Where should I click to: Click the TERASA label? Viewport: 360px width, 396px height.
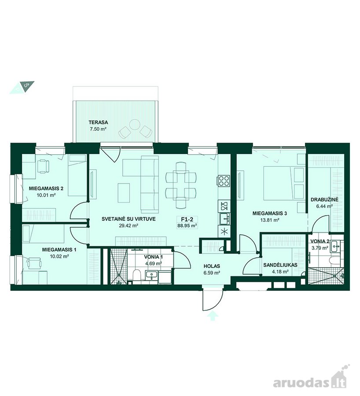tap(98, 122)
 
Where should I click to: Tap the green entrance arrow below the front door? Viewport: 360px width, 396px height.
tap(213, 315)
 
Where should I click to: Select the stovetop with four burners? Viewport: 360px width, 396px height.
tap(224, 181)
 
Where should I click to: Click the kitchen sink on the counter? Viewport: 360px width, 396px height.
tap(224, 219)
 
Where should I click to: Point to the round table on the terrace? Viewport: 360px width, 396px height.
tap(134, 124)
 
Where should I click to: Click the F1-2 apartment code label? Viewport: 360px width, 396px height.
tap(187, 220)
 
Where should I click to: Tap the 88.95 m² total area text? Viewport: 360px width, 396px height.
tap(187, 226)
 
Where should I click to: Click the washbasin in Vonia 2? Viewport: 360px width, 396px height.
tap(335, 246)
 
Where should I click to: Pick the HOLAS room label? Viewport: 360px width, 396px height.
tap(212, 266)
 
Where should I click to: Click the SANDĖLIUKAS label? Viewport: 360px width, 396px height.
tap(280, 265)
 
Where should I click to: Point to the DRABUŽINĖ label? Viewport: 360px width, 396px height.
tap(324, 200)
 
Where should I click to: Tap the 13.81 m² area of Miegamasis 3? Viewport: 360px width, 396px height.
tap(269, 220)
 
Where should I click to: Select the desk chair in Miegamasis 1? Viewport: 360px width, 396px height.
tap(35, 264)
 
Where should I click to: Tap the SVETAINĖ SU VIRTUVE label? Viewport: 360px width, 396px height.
tap(129, 219)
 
